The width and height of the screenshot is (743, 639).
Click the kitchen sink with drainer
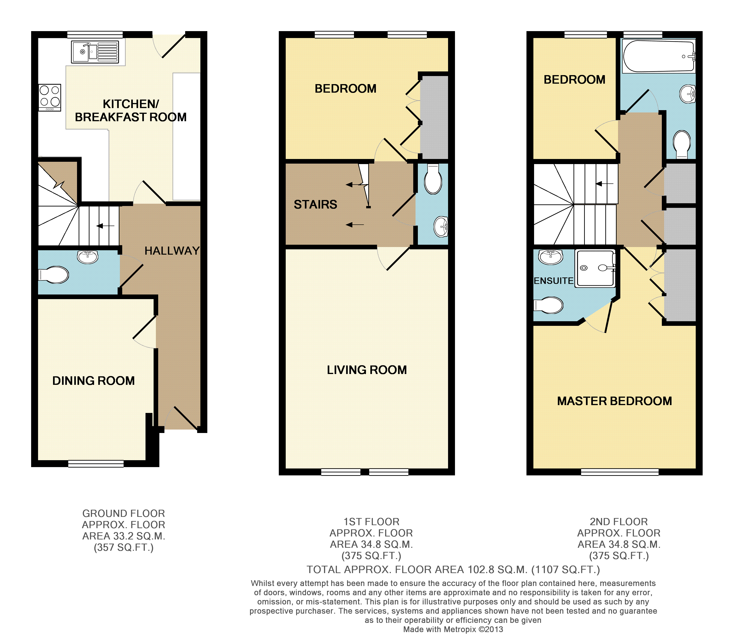coord(95,52)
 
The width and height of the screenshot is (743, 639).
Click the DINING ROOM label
coord(94,381)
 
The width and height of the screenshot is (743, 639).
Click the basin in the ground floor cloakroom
coord(87,257)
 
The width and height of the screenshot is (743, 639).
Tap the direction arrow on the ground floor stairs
coord(105,226)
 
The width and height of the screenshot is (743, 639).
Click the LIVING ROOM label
coord(367,370)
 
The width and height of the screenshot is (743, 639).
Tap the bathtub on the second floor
coord(659,56)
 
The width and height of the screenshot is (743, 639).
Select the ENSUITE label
coord(554,281)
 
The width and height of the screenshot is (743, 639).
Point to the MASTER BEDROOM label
coord(615,401)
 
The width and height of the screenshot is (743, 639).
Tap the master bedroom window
coord(620,472)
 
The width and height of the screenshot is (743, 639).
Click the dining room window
coord(96,464)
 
